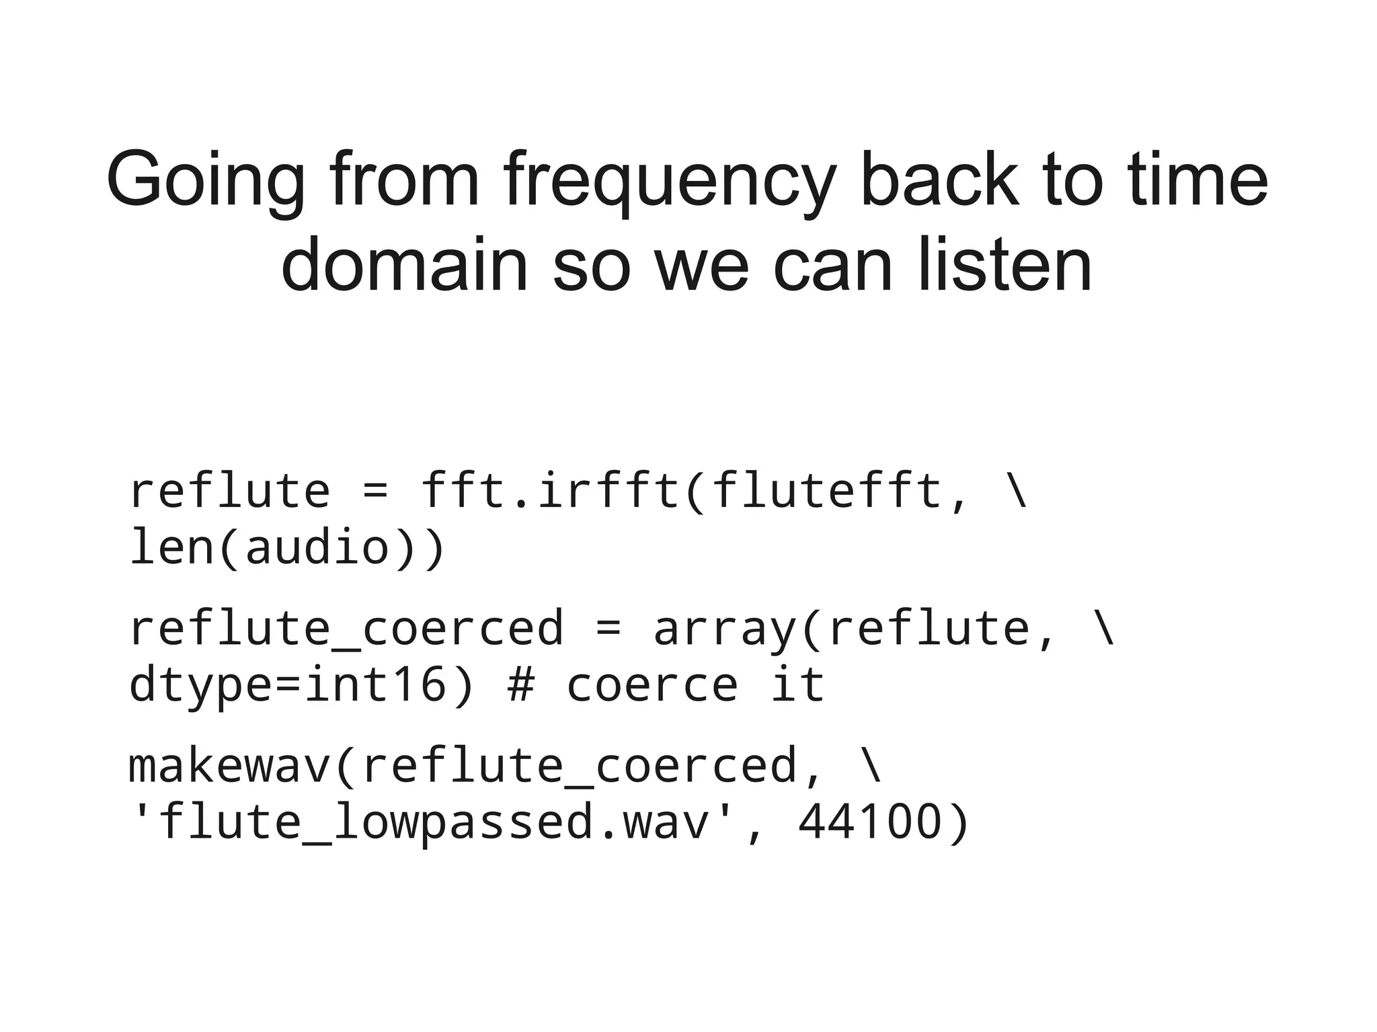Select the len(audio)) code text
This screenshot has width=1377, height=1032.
[x=287, y=547]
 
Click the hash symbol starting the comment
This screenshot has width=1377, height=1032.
[x=521, y=684]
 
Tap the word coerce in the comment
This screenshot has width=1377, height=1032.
[x=652, y=684]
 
